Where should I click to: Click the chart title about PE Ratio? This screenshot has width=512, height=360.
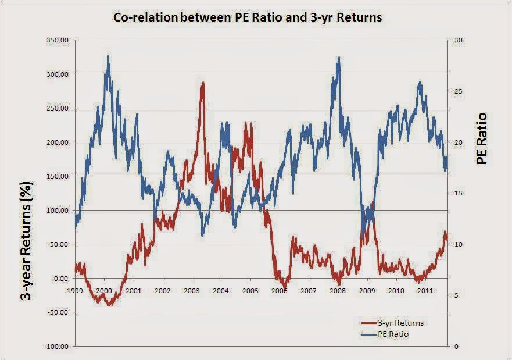click(x=248, y=17)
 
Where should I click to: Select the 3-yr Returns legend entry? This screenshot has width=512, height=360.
click(x=393, y=323)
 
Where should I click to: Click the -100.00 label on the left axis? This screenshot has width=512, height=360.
click(x=58, y=347)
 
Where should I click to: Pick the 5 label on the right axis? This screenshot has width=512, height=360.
click(x=456, y=295)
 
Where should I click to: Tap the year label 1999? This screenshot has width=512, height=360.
click(x=75, y=290)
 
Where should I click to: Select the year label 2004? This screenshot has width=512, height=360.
click(x=221, y=290)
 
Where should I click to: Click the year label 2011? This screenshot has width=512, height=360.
click(x=425, y=290)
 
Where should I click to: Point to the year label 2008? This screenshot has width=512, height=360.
click(x=338, y=290)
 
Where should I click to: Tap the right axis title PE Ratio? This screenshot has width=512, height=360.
click(x=482, y=138)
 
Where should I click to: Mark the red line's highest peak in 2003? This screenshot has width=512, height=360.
click(x=203, y=83)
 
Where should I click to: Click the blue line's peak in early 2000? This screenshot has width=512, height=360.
click(x=108, y=56)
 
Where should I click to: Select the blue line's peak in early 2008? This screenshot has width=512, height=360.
click(x=339, y=58)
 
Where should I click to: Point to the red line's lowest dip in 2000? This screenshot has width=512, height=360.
click(x=110, y=305)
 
